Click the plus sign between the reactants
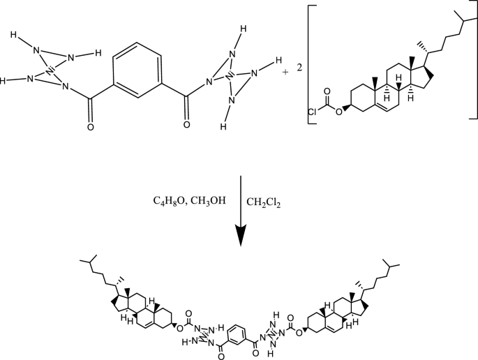(x=285, y=72)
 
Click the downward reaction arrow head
(x=240, y=237)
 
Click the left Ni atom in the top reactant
(x=50, y=70)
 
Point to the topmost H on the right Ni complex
(x=242, y=29)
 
